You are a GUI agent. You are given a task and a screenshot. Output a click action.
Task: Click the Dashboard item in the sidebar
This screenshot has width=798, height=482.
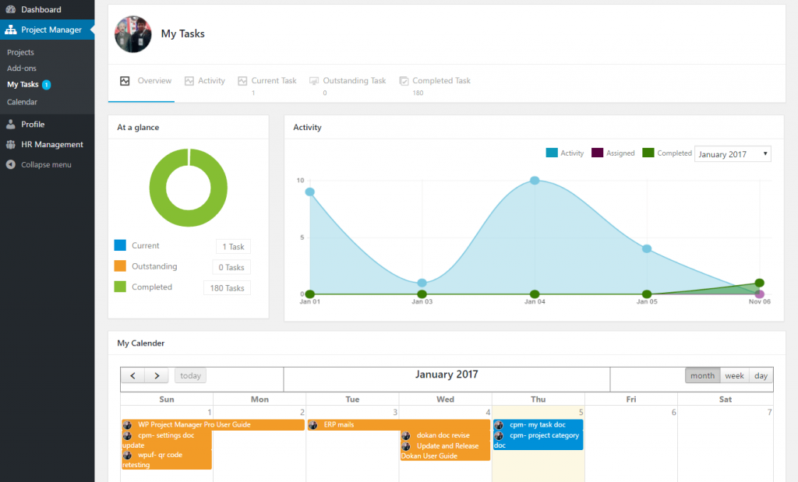[41, 9]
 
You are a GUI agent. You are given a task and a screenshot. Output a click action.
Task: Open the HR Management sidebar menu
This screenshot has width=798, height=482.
[51, 144]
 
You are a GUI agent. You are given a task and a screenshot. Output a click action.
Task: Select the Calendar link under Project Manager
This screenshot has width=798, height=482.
[22, 102]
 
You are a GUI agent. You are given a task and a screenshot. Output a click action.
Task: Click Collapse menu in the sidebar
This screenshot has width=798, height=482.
[46, 164]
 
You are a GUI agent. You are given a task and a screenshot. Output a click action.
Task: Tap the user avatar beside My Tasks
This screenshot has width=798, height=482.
[133, 34]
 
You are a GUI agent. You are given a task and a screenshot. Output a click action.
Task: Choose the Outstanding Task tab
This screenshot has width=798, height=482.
[354, 81]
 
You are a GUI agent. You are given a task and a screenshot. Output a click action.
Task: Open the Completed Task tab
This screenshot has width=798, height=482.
[440, 81]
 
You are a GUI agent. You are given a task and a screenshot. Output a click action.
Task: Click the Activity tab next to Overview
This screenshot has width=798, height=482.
[210, 81]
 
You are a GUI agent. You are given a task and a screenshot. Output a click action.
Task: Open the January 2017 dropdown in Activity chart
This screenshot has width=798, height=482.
[732, 154]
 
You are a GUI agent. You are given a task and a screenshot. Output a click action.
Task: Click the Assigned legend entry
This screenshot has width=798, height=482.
[620, 153]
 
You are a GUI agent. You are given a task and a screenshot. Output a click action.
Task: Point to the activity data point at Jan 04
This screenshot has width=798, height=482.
[535, 180]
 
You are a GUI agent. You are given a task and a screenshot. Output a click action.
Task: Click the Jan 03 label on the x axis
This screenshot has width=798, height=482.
[422, 301]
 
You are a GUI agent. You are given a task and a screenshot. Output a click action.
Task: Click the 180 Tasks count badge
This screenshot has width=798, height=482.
[227, 288]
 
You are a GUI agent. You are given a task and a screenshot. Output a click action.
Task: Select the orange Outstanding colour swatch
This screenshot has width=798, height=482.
[120, 266]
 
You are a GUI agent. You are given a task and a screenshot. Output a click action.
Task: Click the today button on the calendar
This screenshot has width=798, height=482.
[190, 376]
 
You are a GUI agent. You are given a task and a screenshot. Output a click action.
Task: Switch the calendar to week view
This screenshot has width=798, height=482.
[734, 376]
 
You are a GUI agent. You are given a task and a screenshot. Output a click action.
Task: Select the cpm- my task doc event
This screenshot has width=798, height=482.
[538, 425]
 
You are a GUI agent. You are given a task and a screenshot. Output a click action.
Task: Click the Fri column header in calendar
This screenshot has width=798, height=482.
[630, 399]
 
